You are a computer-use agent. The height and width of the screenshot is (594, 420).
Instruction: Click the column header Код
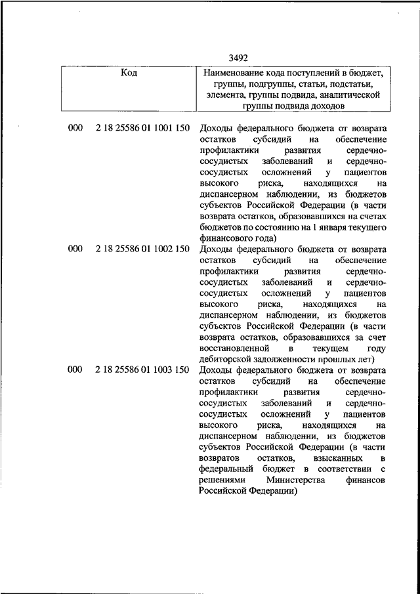129,73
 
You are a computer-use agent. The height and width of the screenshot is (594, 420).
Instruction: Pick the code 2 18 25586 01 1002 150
142,249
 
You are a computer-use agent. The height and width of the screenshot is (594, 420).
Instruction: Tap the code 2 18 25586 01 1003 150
142,370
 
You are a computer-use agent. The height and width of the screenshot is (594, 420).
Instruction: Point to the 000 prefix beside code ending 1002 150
75,249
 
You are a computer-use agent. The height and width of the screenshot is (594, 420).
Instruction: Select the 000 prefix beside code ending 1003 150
75,370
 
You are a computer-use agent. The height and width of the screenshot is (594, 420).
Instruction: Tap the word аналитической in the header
350,95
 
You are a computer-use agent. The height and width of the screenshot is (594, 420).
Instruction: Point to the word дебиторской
230,360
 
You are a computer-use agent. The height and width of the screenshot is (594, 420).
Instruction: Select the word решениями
219,480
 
